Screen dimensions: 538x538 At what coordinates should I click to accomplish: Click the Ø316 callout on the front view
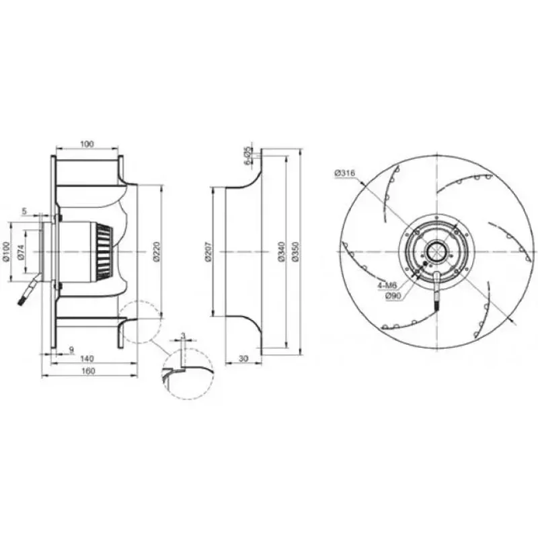pyautogui.click(x=344, y=174)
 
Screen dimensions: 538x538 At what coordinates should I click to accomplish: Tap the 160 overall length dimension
pyautogui.click(x=89, y=371)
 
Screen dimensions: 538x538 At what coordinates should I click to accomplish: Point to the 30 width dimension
pyautogui.click(x=243, y=358)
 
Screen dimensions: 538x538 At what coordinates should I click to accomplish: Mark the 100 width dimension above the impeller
pyautogui.click(x=87, y=144)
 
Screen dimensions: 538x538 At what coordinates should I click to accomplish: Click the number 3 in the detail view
pyautogui.click(x=182, y=335)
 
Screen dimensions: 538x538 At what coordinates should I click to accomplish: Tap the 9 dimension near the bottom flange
pyautogui.click(x=71, y=348)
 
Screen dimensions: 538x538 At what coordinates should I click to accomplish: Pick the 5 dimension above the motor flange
pyautogui.click(x=24, y=211)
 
